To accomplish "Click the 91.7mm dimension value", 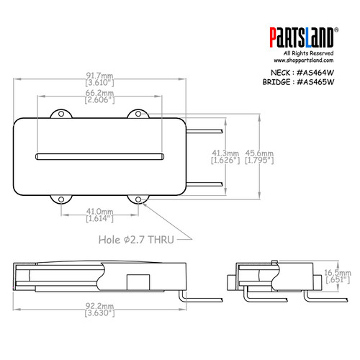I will tap(100, 75).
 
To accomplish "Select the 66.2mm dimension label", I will tap(100, 93).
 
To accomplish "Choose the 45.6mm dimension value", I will tap(258, 153).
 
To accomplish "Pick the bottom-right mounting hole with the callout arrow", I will tap(135, 199).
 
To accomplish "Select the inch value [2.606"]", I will tap(100, 102).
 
